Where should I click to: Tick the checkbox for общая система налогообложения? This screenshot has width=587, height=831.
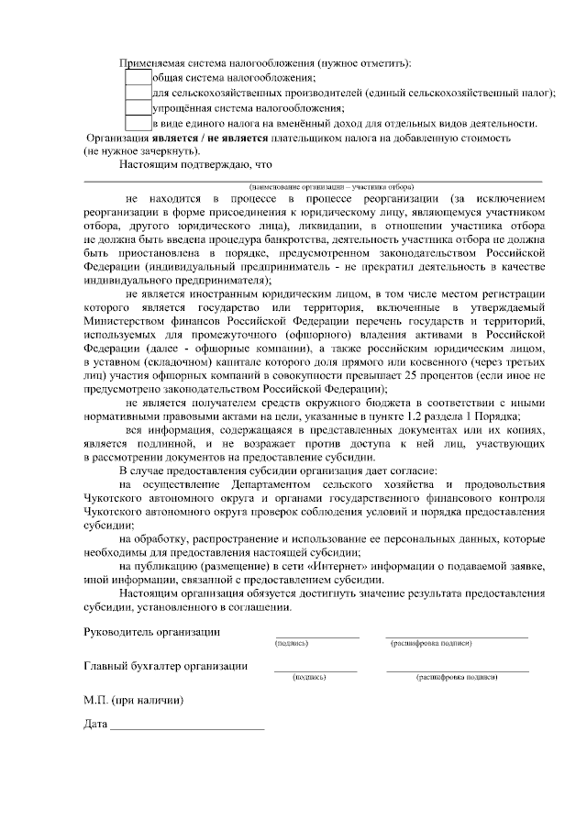click(x=137, y=78)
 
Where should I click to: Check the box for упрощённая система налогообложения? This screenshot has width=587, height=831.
click(x=137, y=107)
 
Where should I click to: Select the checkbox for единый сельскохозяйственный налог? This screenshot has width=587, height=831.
click(x=137, y=93)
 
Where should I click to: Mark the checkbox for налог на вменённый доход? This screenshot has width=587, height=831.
click(x=137, y=122)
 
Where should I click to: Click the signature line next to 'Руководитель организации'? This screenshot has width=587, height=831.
click(x=316, y=635)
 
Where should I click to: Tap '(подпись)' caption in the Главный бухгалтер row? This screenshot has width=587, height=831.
click(x=308, y=677)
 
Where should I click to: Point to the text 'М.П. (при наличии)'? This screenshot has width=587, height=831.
click(x=133, y=700)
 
